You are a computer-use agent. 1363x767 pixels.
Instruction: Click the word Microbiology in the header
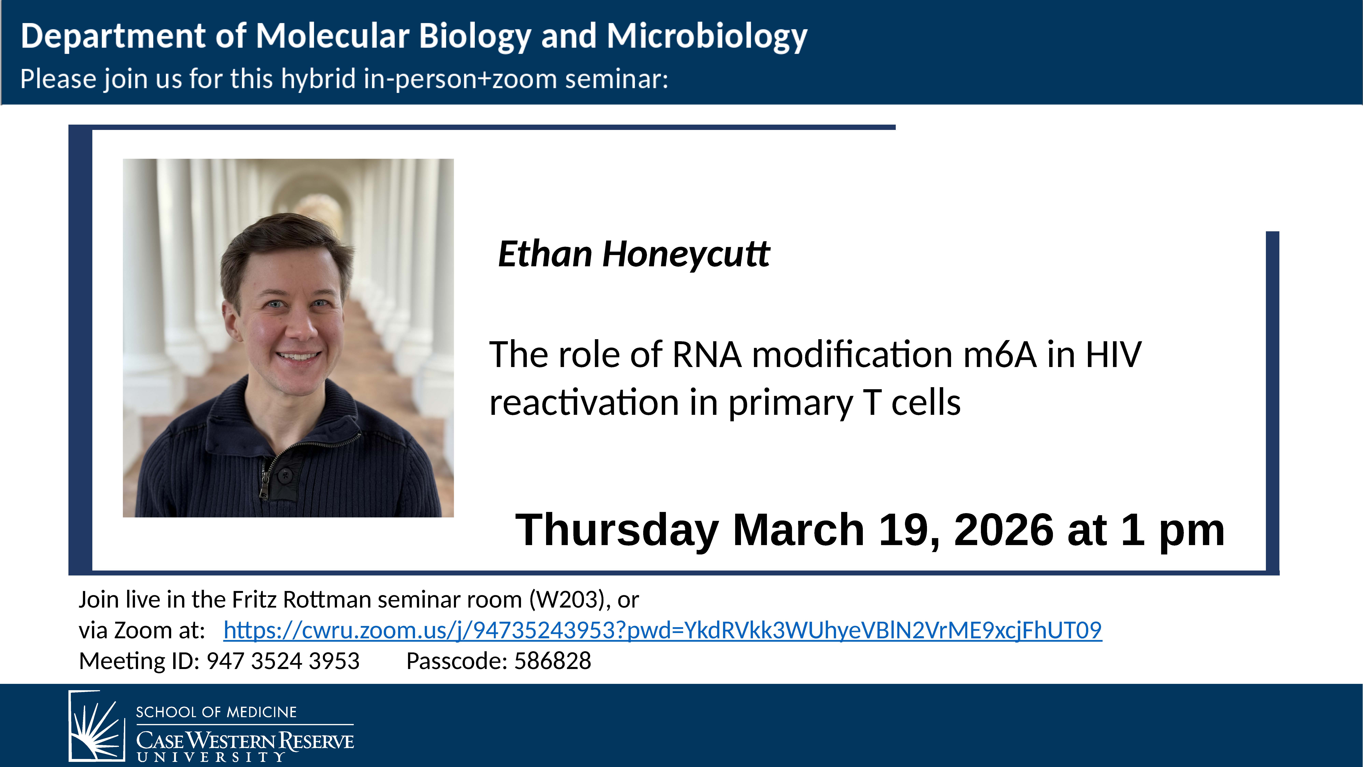pos(707,37)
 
